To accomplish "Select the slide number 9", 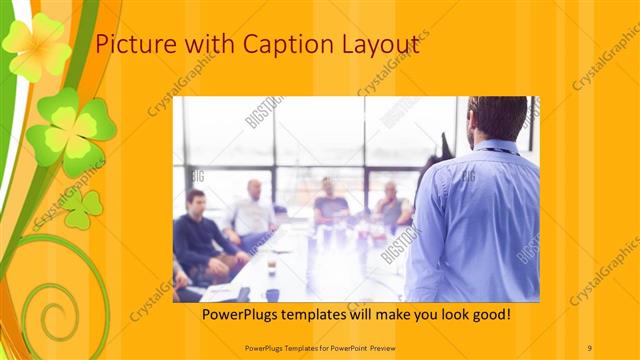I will (x=590, y=346).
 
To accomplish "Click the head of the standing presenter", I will (x=496, y=117).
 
